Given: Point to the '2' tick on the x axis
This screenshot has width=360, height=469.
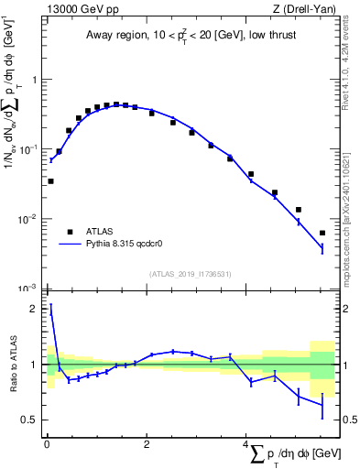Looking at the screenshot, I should [147, 445].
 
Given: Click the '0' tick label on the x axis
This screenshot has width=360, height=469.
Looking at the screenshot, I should [47, 445].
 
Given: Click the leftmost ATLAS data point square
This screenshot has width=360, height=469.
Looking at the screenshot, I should [50, 181].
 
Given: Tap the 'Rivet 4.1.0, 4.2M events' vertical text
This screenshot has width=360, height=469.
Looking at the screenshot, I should [350, 73].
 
